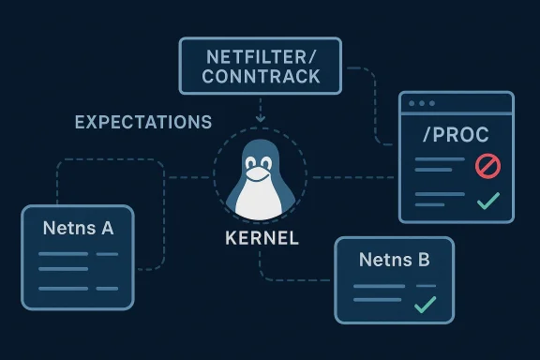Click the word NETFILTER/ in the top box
262,55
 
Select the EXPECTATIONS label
143,123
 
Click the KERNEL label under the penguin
262,238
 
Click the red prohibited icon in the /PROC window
487,166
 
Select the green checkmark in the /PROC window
487,200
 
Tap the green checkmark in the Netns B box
425,303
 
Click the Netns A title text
78,227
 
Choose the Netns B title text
394,260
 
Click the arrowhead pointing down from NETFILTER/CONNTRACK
262,118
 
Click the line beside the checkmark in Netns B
382,303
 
